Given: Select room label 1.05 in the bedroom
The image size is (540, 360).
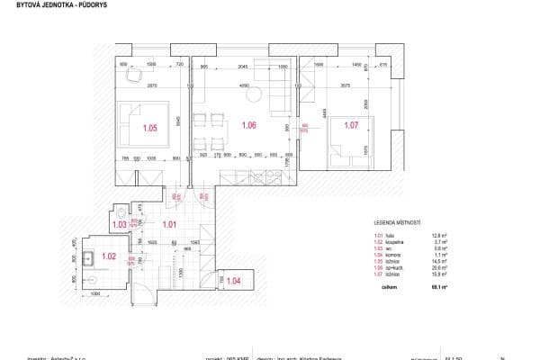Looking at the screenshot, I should pyautogui.click(x=149, y=129).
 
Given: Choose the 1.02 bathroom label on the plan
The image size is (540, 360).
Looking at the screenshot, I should pyautogui.click(x=109, y=257).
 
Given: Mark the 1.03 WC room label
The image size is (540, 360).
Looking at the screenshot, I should pyautogui.click(x=118, y=224).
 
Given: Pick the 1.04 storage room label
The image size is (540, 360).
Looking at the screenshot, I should pyautogui.click(x=233, y=282).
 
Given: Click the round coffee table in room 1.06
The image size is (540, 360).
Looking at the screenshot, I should pyautogui.click(x=255, y=94).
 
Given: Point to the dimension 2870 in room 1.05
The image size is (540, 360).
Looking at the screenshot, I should pyautogui.click(x=153, y=85).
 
